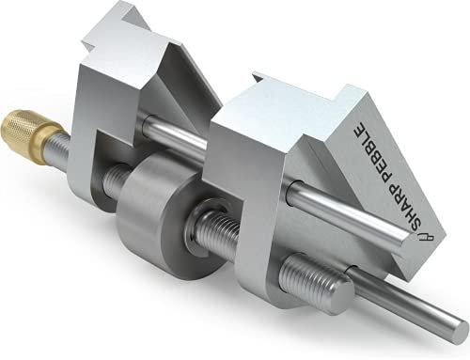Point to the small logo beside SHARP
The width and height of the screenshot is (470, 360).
click(426, 239)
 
